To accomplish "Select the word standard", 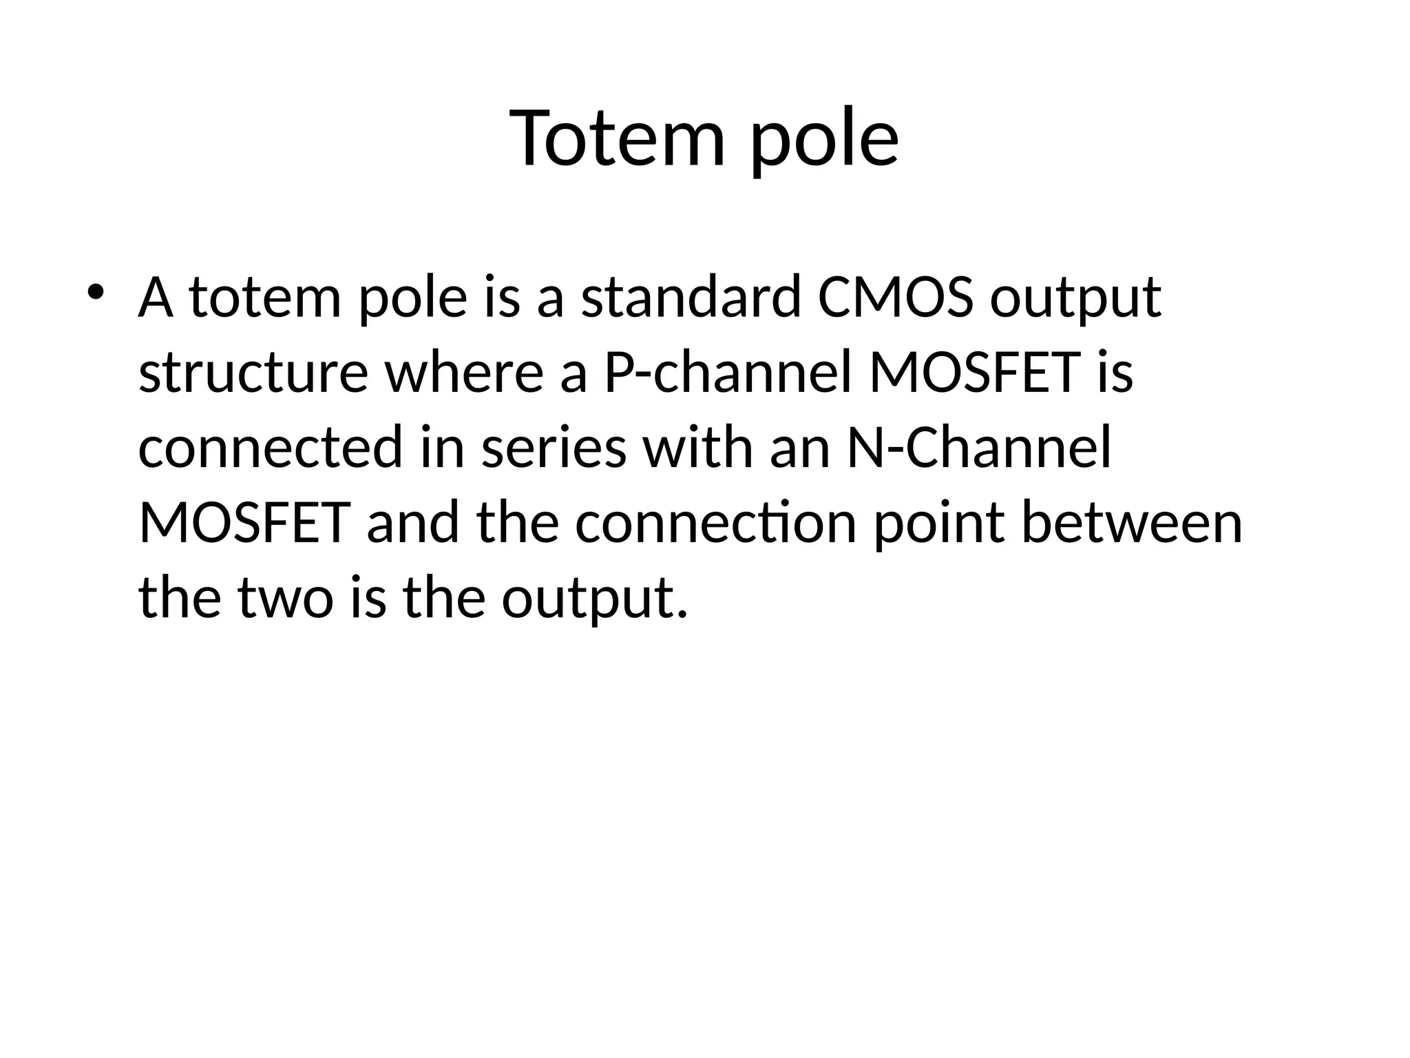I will [x=691, y=298].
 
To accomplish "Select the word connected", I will [x=270, y=448].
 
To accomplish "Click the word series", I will [x=554, y=448].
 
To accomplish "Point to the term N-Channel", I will [x=978, y=448].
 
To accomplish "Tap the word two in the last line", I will [x=286, y=597].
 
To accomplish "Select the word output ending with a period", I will [x=594, y=597].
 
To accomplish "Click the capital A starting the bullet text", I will [x=156, y=298].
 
